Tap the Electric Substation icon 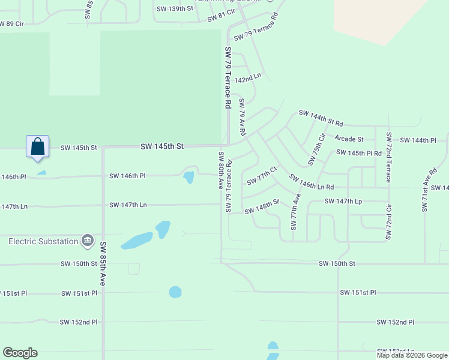pos(88,241)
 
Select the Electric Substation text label pos(43,241)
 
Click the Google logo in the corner pos(20,353)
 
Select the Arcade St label pos(349,139)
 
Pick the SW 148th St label pos(262,206)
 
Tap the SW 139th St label pos(175,8)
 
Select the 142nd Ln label pos(248,79)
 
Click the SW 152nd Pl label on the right pos(396,322)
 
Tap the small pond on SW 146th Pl pos(188,177)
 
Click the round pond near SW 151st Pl pos(175,292)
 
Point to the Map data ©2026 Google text pos(412,355)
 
